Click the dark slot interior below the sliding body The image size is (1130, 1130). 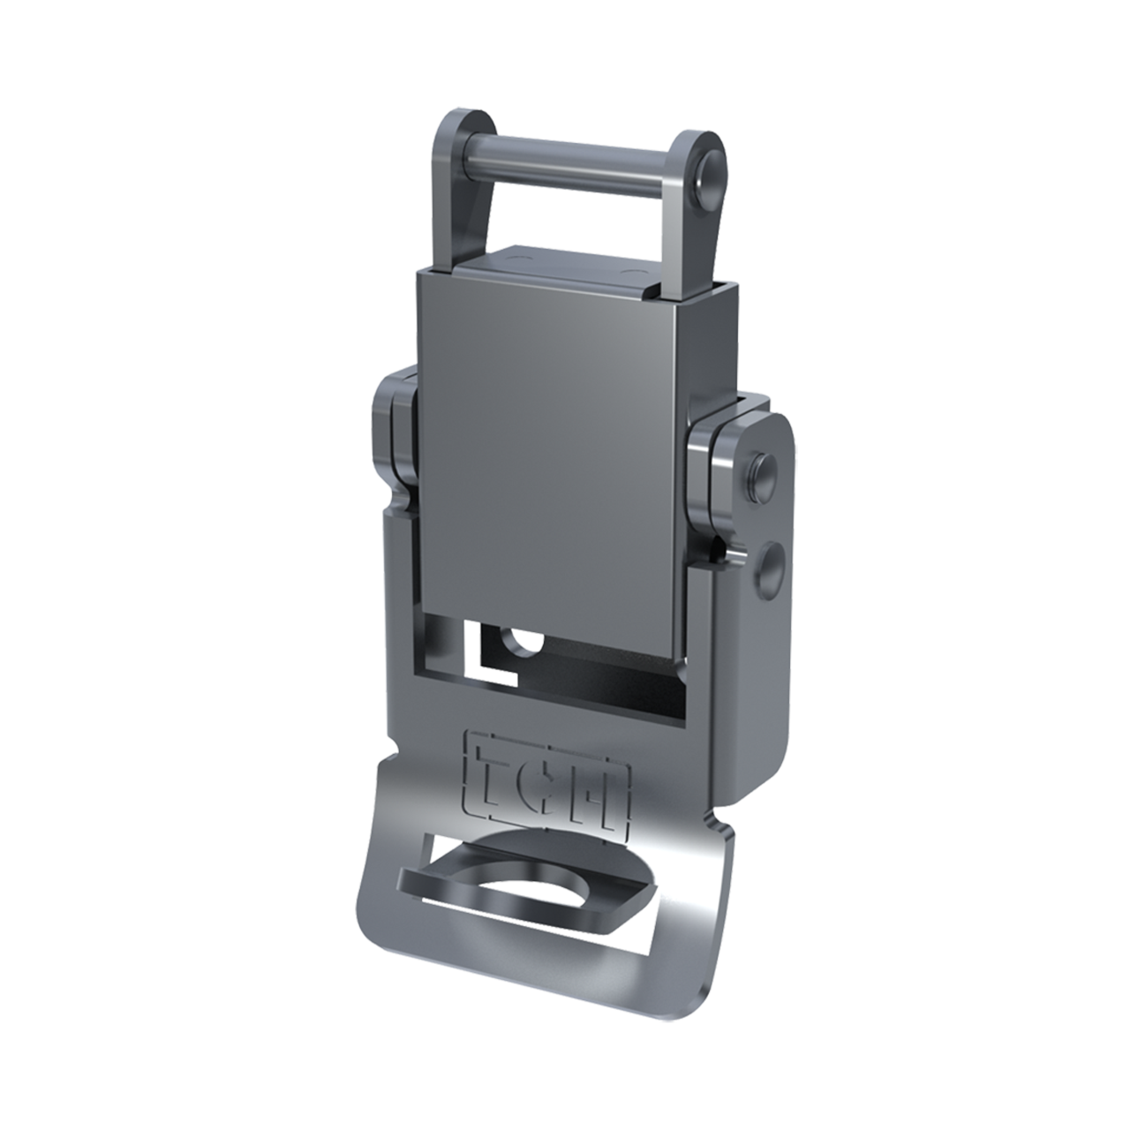tap(600, 680)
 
